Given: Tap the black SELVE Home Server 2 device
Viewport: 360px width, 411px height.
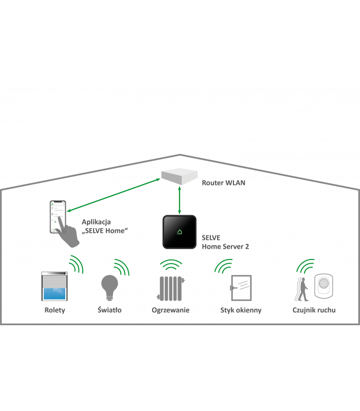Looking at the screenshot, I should point(179,232).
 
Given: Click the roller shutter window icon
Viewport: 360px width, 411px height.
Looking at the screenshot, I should point(54,287).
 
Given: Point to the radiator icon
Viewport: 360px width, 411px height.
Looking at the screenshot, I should point(170,288).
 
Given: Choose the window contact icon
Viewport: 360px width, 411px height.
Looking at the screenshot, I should point(240,288).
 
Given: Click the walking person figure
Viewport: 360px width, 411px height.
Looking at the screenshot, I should point(303,289).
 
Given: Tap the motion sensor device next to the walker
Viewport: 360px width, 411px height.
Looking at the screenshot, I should point(325,286).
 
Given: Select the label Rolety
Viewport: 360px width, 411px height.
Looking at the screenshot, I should point(55,310).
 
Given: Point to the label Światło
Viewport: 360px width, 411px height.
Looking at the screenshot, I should point(109,310).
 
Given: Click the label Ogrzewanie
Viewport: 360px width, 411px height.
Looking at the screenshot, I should point(171,310).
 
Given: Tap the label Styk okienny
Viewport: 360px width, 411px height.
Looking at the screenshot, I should point(241,310).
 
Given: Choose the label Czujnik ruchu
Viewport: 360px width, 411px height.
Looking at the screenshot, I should point(314,310).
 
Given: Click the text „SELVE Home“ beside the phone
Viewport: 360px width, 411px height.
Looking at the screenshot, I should point(105,231).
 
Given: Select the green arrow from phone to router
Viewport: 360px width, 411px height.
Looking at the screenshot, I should point(105,195).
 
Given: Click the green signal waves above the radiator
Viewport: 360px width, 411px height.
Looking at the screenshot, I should point(171,265).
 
